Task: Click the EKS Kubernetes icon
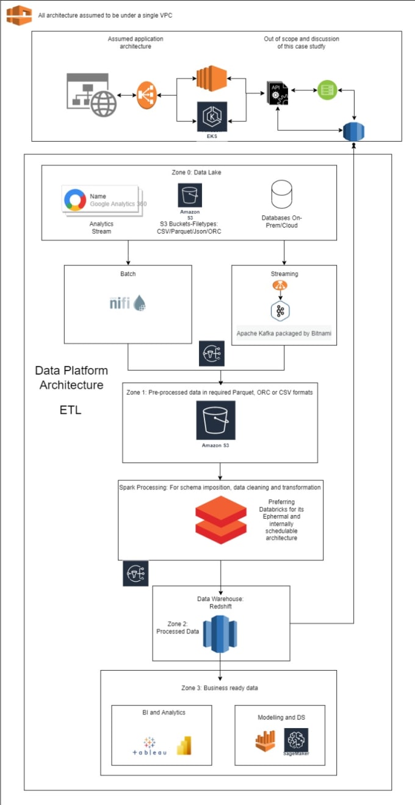pos(212,117)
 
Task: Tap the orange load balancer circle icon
pos(146,95)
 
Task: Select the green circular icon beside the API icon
pos(327,90)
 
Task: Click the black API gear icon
pos(278,93)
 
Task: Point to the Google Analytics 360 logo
pos(74,200)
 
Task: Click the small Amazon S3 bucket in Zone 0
pos(190,195)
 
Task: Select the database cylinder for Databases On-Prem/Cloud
pos(282,194)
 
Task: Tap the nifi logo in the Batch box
pos(128,303)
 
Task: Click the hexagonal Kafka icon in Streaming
pos(280,311)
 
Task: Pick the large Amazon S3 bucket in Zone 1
pos(215,420)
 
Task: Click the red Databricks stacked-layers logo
pos(221,519)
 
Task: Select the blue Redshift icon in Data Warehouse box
pos(220,634)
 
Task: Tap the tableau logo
pos(150,746)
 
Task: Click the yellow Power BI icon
pos(184,745)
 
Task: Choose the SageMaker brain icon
pos(296,740)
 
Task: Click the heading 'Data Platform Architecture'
pos(71,378)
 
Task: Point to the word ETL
pos(70,410)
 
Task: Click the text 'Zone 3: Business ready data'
pos(220,688)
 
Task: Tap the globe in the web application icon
pos(104,104)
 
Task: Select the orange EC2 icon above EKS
pos(212,78)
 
